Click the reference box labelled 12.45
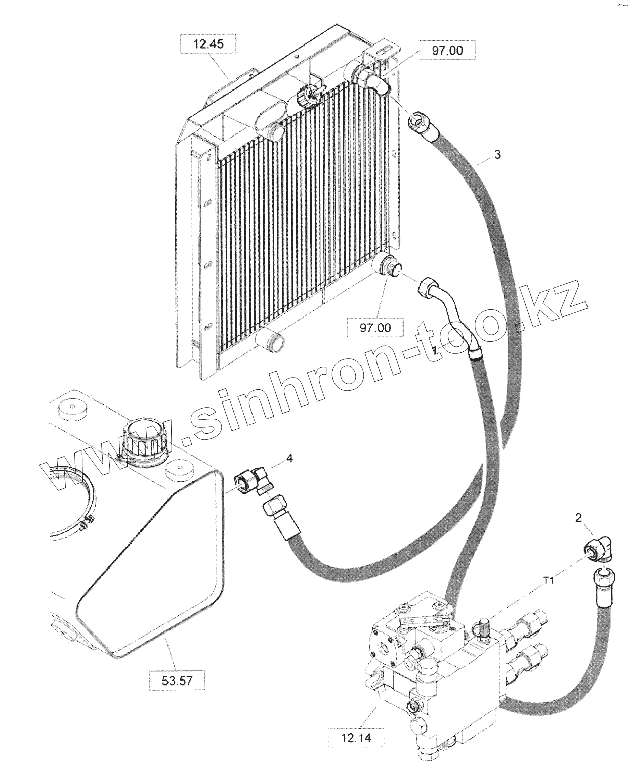pos(208,44)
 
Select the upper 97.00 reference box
pos(447,51)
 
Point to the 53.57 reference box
pos(177,680)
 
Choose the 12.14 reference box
pos(355,738)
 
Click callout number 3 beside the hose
pos(498,155)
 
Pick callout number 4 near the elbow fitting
pos(289,458)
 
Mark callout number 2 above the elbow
pos(579,517)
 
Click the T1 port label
pos(549,581)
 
